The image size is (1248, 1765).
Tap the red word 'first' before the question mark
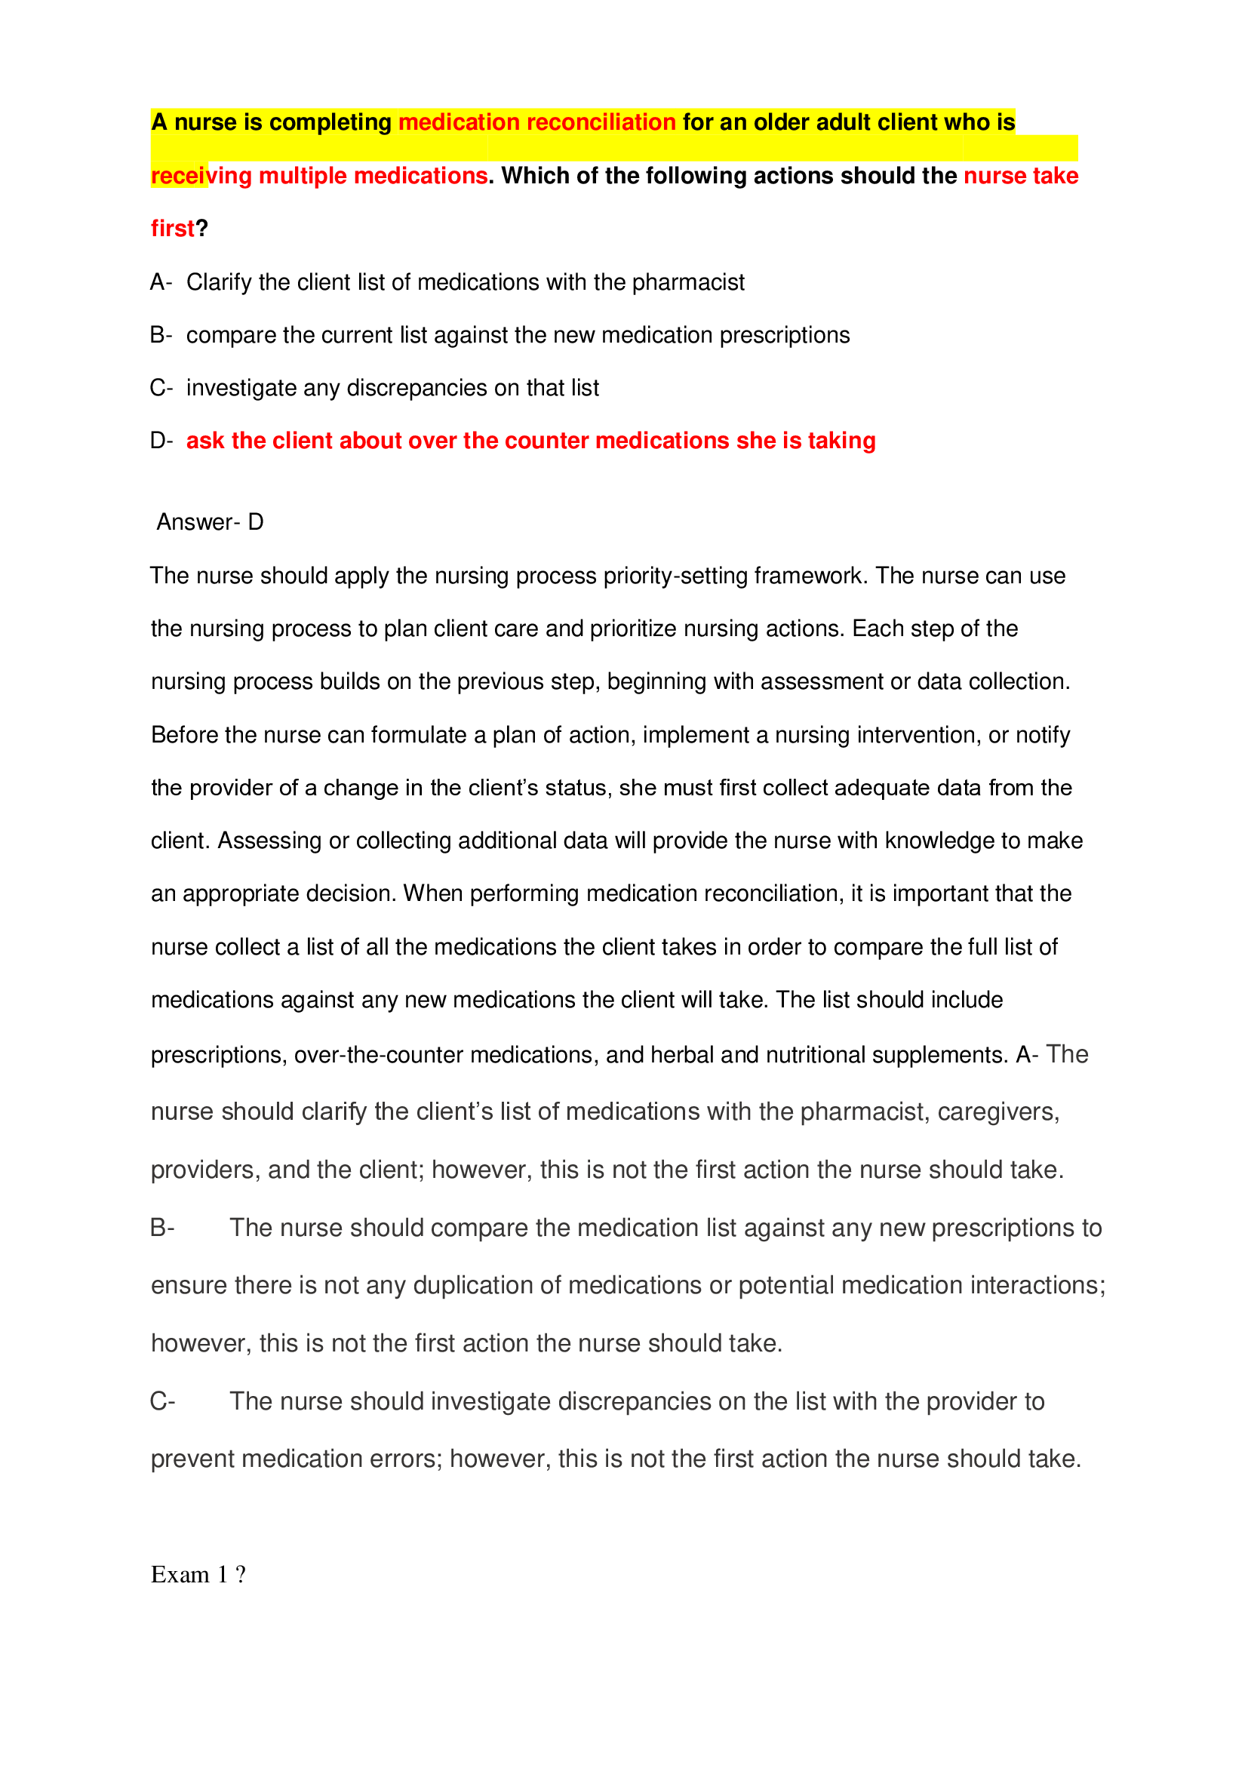[x=172, y=229]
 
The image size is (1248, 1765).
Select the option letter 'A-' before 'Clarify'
[x=161, y=282]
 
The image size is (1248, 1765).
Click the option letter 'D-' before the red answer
[x=161, y=441]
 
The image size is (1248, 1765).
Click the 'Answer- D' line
[x=210, y=522]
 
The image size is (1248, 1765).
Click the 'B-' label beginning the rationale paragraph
[x=162, y=1228]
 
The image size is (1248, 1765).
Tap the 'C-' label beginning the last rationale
[x=163, y=1401]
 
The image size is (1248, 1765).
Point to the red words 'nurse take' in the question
[x=1021, y=176]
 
